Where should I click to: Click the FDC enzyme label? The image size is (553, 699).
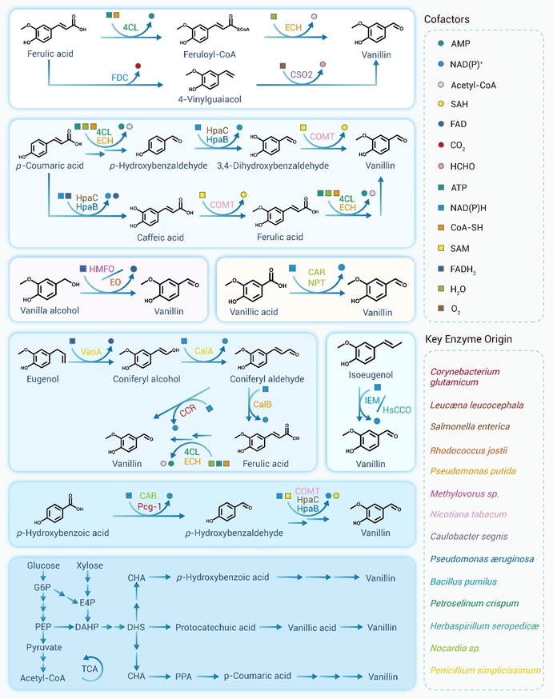pos(119,78)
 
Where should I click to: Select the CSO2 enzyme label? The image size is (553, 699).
pos(301,74)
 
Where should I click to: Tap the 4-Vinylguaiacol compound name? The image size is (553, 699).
pos(210,99)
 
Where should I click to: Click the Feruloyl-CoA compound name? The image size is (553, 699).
pos(209,54)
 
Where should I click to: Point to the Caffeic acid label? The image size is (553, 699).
pos(160,238)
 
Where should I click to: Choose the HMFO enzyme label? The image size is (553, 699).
pos(102,269)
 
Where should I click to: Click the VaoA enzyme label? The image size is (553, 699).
pos(91,352)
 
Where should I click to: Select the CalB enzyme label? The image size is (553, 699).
pos(262,405)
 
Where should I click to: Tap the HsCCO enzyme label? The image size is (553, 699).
pos(396,409)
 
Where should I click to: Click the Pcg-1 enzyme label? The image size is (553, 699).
pos(150,507)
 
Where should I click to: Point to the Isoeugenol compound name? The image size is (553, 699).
pos(371,375)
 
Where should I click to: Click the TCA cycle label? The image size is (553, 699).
pos(90,669)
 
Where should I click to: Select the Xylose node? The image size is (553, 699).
pos(90,565)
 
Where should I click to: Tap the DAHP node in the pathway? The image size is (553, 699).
pos(87,627)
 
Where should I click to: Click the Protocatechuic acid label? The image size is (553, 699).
pos(215,627)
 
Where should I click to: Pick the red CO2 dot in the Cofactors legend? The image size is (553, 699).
pos(441,145)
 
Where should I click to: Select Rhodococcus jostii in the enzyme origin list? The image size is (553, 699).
pos(469,450)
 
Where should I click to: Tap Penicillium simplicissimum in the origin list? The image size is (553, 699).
pos(485,670)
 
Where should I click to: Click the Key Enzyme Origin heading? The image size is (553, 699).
pos(468,339)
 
